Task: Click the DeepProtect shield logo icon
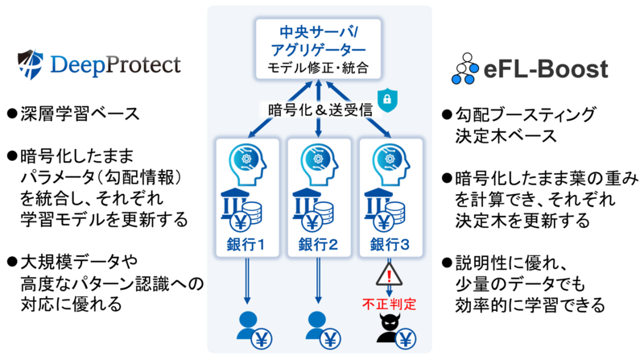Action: pos(31,64)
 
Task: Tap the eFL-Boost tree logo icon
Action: pos(465,68)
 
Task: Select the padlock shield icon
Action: pos(387,99)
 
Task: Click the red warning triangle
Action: pos(389,274)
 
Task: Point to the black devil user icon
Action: pos(390,328)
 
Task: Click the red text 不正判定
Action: pos(389,304)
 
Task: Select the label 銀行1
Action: pos(246,245)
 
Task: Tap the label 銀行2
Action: pos(318,245)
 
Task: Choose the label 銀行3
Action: pos(390,245)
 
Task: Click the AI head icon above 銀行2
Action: pos(319,164)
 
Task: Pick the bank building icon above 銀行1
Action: pos(235,205)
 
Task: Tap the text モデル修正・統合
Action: pos(318,68)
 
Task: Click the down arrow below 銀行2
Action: pos(318,281)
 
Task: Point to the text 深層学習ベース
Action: pos(80,114)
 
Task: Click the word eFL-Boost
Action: pos(546,69)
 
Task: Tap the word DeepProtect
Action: pos(115,65)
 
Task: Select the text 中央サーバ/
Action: pos(319,32)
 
